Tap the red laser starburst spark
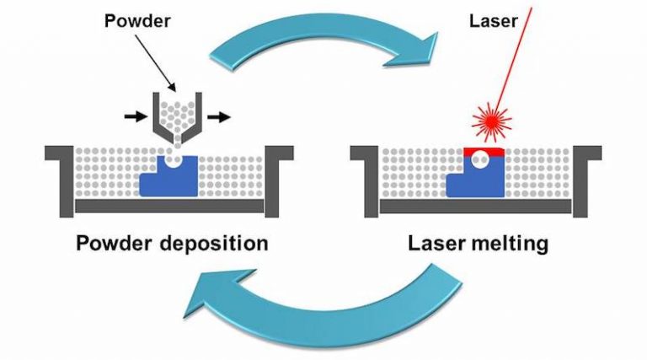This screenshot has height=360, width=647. click(x=491, y=121)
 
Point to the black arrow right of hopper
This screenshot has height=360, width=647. click(x=220, y=117)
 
